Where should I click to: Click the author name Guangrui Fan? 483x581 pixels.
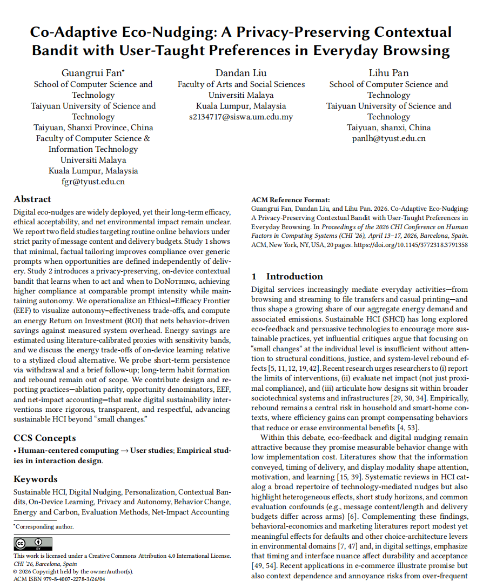tap(93, 73)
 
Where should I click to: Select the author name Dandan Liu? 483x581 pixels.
tap(241, 73)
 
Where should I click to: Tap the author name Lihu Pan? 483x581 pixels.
tap(388, 73)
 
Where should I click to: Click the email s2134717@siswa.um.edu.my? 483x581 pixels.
tap(241, 117)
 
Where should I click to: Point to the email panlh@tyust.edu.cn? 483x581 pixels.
tap(388, 138)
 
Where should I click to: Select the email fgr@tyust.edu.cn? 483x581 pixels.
tap(93, 182)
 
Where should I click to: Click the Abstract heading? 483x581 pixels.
tap(32, 199)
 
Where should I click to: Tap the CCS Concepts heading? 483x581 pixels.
tap(44, 438)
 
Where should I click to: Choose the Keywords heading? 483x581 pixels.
tap(35, 479)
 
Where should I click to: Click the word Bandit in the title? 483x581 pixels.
tap(57, 51)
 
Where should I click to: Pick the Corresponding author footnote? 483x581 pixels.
tap(44, 526)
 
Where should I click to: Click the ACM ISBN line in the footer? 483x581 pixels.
tap(59, 579)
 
